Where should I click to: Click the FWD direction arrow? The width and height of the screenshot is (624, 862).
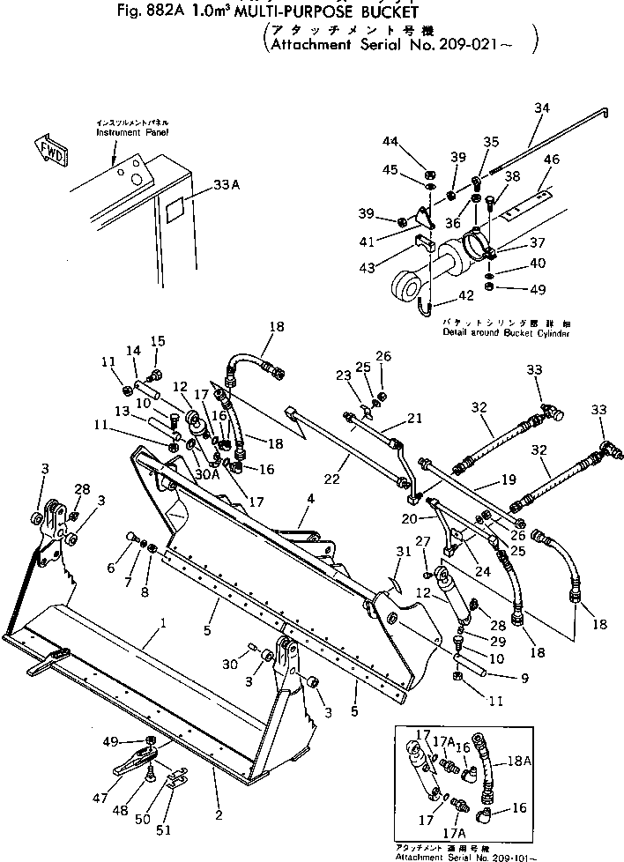pos(45,147)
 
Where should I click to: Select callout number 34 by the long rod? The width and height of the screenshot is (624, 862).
pos(541,108)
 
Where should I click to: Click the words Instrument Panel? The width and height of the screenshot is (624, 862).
pos(132,131)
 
